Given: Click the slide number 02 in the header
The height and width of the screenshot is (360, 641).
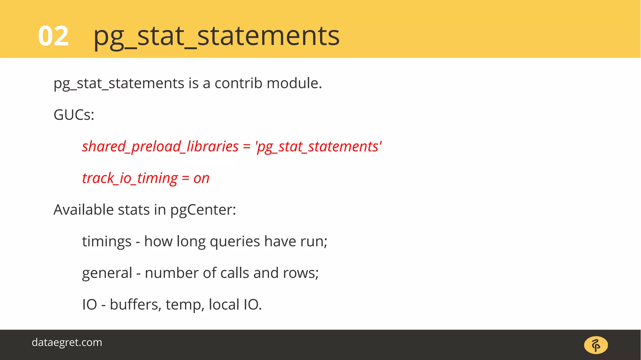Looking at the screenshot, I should (x=53, y=36).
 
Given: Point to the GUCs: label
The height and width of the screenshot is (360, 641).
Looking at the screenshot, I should (x=74, y=115).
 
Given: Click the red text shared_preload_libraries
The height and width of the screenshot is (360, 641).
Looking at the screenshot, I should (x=160, y=147).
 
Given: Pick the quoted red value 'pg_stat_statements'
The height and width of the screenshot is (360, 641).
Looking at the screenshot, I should (x=318, y=147).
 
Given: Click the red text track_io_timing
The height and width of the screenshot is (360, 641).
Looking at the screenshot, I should (x=130, y=178).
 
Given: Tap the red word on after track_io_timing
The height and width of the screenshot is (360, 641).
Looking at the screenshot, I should (x=201, y=178).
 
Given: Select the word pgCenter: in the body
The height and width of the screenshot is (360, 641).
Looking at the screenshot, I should (x=203, y=210).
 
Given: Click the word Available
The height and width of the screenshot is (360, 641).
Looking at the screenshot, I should (x=84, y=210).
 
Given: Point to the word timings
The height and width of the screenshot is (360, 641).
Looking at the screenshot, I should (x=107, y=241).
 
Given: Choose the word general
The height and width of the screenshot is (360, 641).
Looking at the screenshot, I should (x=107, y=273).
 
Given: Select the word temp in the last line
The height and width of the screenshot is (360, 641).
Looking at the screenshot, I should (x=185, y=305).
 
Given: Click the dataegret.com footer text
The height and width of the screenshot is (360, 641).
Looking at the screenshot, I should (x=67, y=342).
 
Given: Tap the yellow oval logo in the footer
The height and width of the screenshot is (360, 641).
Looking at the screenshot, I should (x=596, y=345).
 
